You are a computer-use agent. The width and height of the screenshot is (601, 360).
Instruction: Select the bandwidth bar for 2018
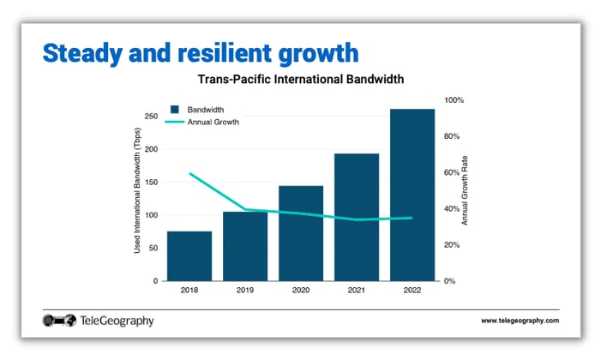click(189, 255)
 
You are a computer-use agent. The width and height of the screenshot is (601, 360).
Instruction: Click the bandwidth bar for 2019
click(245, 246)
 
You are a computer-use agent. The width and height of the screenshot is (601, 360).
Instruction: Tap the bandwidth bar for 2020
click(301, 233)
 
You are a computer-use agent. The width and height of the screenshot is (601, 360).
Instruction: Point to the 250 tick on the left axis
click(150, 116)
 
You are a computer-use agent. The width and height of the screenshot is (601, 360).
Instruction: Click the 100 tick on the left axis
click(150, 215)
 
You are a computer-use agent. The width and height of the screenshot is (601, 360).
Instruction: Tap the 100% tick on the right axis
click(454, 100)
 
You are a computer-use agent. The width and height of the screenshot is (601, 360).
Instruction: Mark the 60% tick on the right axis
click(454, 172)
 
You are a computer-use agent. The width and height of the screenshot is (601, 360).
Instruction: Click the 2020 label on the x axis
click(301, 291)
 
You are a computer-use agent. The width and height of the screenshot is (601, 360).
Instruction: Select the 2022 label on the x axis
click(412, 291)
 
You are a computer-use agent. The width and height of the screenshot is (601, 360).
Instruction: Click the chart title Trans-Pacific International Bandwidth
click(301, 80)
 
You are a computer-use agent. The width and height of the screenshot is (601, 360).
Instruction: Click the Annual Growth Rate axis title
click(466, 195)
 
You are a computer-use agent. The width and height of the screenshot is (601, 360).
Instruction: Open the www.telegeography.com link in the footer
click(520, 321)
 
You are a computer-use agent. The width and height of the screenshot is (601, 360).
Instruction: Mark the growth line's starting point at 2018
click(189, 173)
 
